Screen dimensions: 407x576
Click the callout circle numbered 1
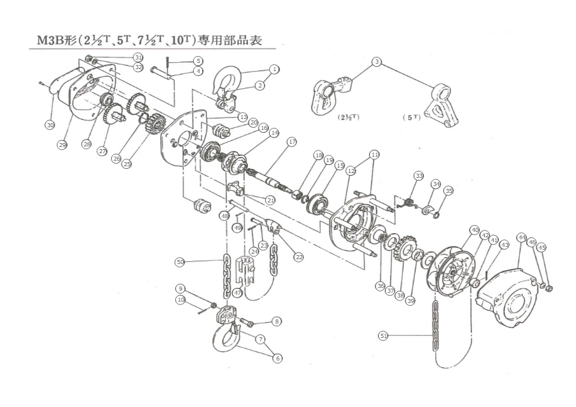point(274,69)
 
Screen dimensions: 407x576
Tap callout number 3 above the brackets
point(376,62)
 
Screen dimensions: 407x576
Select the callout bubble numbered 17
point(292,142)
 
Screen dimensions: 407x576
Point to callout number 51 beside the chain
point(384,335)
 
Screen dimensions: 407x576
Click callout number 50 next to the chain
point(180,262)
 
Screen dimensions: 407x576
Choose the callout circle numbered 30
point(50,125)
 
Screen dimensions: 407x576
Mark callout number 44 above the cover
point(521,237)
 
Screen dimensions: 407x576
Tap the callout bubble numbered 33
point(419,176)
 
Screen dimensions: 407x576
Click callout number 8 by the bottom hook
point(276,321)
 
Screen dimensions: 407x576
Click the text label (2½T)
point(349,117)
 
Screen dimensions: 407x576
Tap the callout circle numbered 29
point(62,145)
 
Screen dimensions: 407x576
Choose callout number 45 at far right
point(542,248)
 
